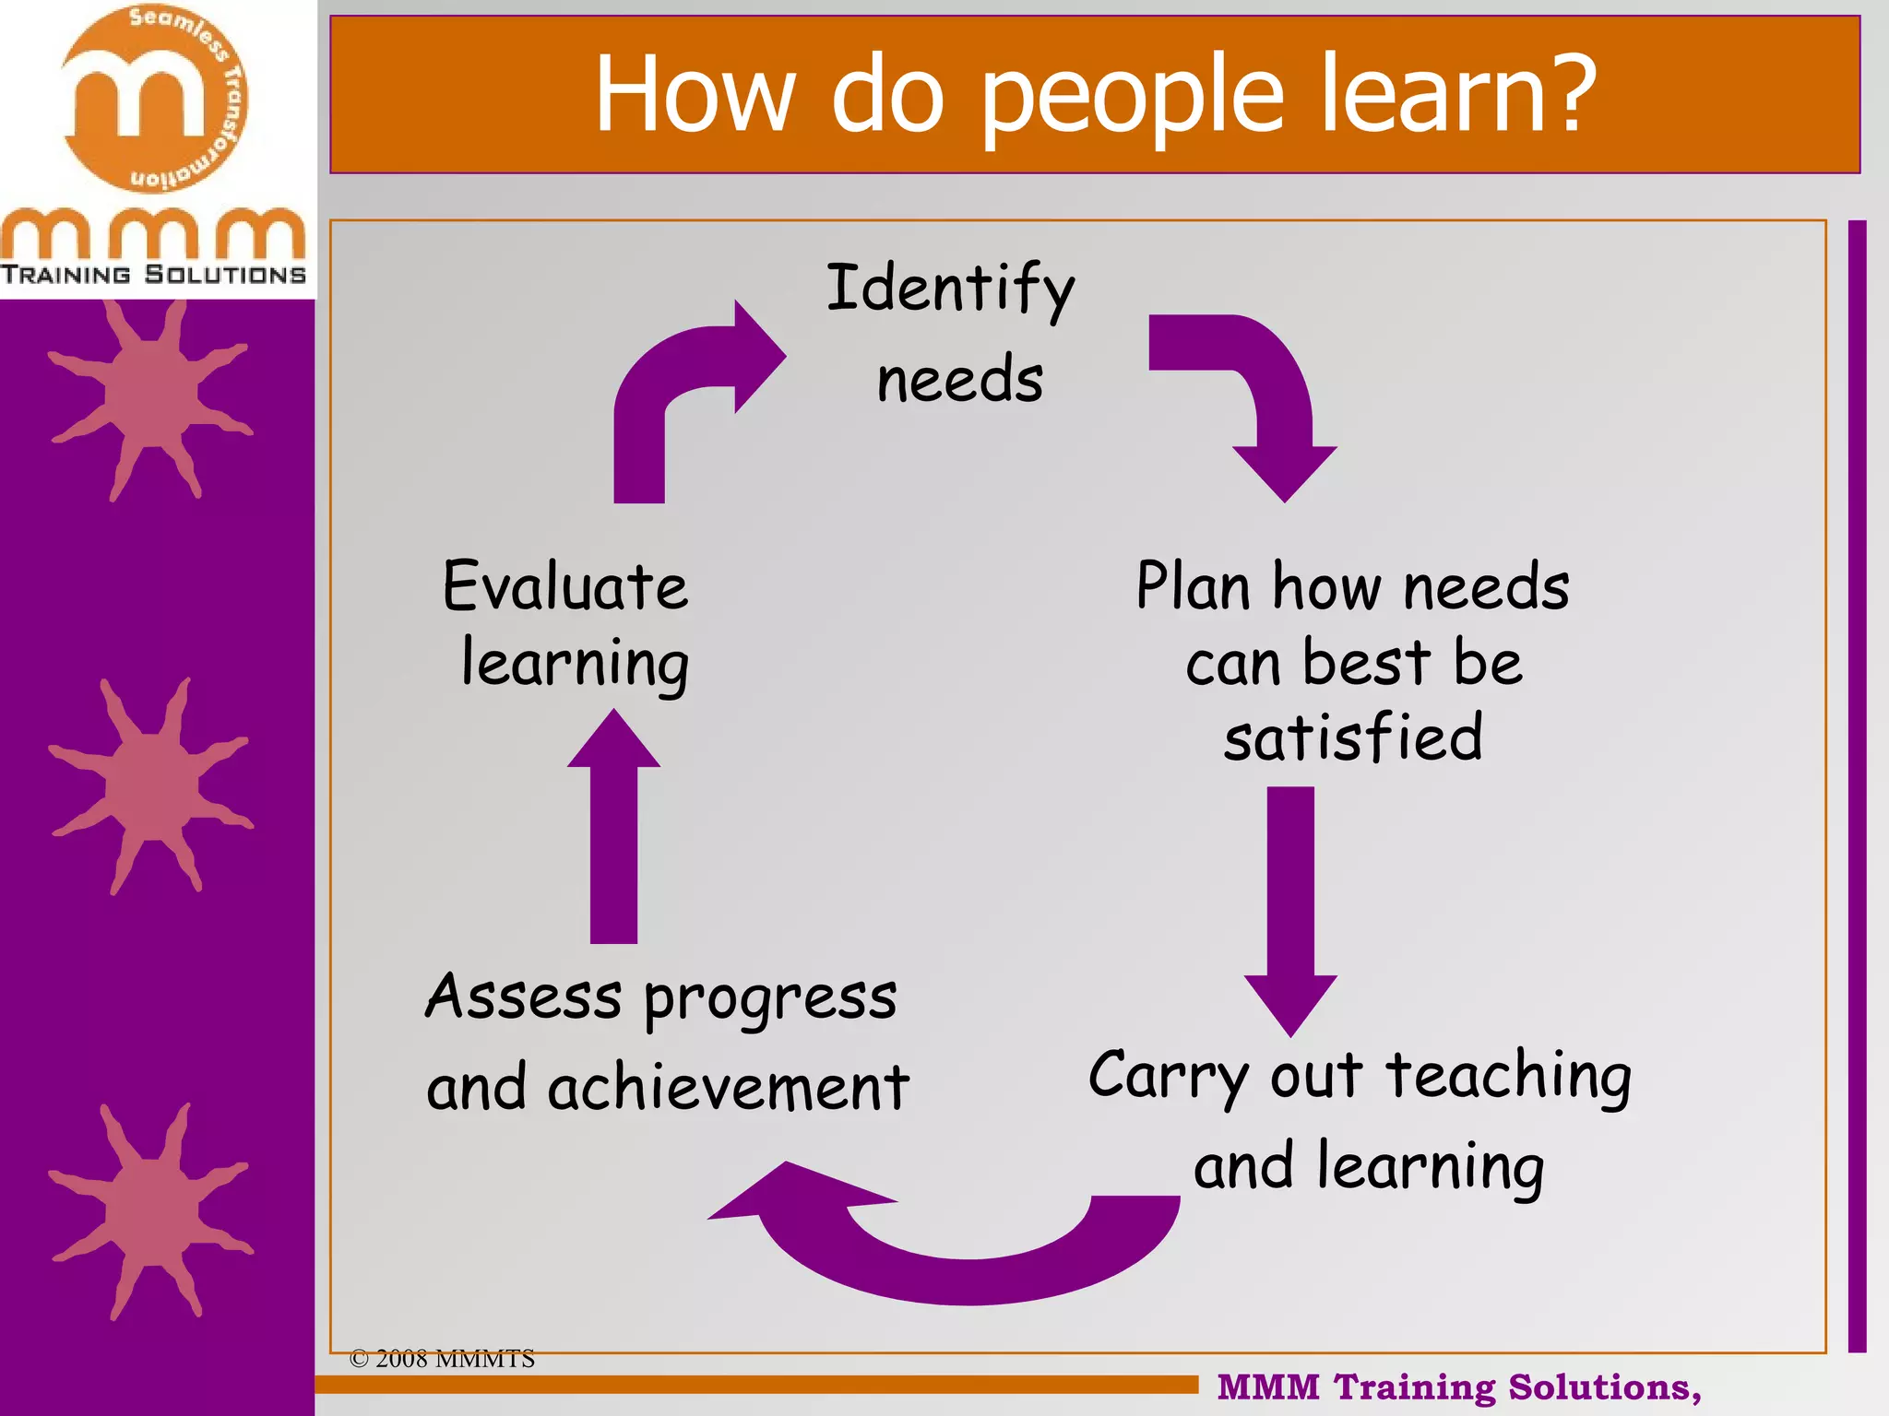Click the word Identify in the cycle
950,289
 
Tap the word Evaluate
565,586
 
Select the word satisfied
1353,737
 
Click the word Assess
523,997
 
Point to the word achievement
728,1088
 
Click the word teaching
1509,1077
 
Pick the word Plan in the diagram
1193,586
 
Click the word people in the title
1133,95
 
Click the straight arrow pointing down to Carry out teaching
1290,908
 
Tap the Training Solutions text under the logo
153,275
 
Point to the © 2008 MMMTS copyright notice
442,1359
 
